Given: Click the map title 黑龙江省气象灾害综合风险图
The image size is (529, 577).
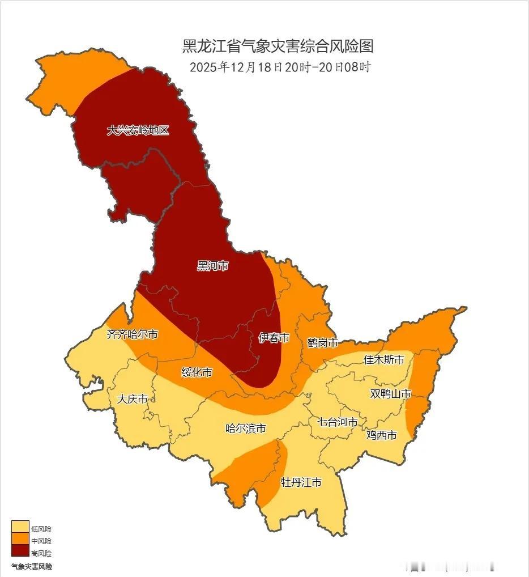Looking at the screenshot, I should click(x=278, y=46).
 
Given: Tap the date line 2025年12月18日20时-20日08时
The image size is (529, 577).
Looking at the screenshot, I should click(x=280, y=67).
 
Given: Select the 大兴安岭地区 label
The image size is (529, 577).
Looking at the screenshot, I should click(x=138, y=130).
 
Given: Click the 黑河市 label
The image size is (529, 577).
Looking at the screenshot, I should click(x=212, y=266).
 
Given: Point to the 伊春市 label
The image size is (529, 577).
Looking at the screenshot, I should click(x=274, y=338).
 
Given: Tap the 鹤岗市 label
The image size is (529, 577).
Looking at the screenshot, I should click(x=322, y=343).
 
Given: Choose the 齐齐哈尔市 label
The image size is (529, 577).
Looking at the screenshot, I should click(x=133, y=334).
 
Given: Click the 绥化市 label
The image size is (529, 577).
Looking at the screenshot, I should click(x=197, y=372).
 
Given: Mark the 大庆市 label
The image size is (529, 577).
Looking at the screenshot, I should click(x=132, y=399).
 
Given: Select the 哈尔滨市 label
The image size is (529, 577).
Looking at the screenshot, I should click(x=246, y=428).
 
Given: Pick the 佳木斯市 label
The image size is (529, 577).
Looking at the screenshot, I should click(x=383, y=359).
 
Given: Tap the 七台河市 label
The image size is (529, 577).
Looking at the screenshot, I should click(x=338, y=422).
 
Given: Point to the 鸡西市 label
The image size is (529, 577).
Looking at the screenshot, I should click(x=381, y=435).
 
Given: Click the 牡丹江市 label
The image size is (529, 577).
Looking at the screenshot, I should click(x=301, y=482).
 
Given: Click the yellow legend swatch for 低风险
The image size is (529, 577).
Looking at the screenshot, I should click(x=20, y=527).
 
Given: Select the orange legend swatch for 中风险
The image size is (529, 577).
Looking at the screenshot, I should click(x=20, y=539).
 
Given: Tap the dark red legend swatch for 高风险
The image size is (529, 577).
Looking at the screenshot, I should click(x=20, y=551).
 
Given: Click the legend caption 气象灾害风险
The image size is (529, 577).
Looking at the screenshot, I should click(x=32, y=566).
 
